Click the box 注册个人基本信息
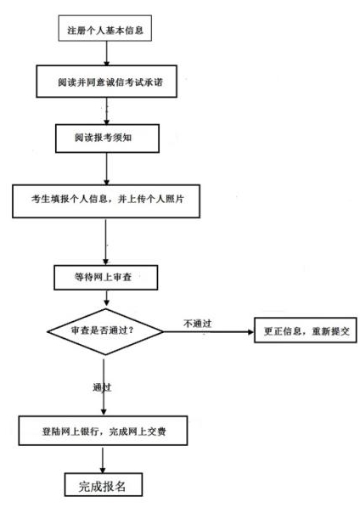[x=106, y=31]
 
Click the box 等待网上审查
[x=104, y=277]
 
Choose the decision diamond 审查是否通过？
[x=103, y=330]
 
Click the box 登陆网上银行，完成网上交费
[x=105, y=431]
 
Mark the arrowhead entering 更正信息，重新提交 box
[x=251, y=330]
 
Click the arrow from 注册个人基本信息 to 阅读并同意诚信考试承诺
[x=106, y=56]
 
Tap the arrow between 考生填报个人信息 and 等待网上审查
[x=104, y=242]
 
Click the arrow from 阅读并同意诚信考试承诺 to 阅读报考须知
[x=106, y=112]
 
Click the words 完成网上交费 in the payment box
[x=150, y=431]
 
